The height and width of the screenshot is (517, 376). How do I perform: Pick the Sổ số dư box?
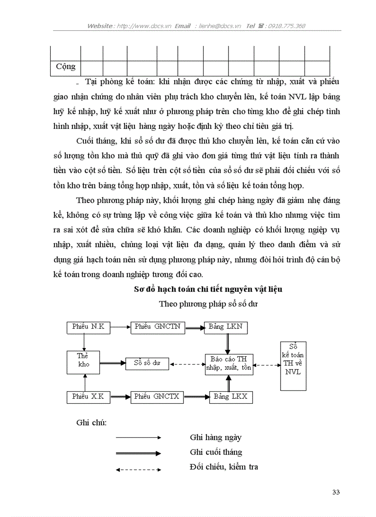click(x=147, y=363)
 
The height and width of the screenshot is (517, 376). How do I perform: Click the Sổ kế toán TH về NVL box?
click(x=293, y=366)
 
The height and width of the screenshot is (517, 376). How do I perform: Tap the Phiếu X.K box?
click(x=88, y=396)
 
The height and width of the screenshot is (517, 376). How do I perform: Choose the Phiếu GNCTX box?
click(x=158, y=396)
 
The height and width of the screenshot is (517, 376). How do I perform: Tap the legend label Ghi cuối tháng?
click(x=216, y=452)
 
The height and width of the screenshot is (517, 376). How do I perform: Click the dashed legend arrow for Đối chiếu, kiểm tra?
click(x=138, y=470)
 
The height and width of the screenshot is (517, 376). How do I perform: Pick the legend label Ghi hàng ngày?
click(x=215, y=437)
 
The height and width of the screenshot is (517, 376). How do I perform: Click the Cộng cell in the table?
click(x=65, y=67)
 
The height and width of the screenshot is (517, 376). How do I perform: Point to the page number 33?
click(x=335, y=492)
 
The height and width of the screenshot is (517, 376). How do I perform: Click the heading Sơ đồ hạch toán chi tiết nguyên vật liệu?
click(x=208, y=290)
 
